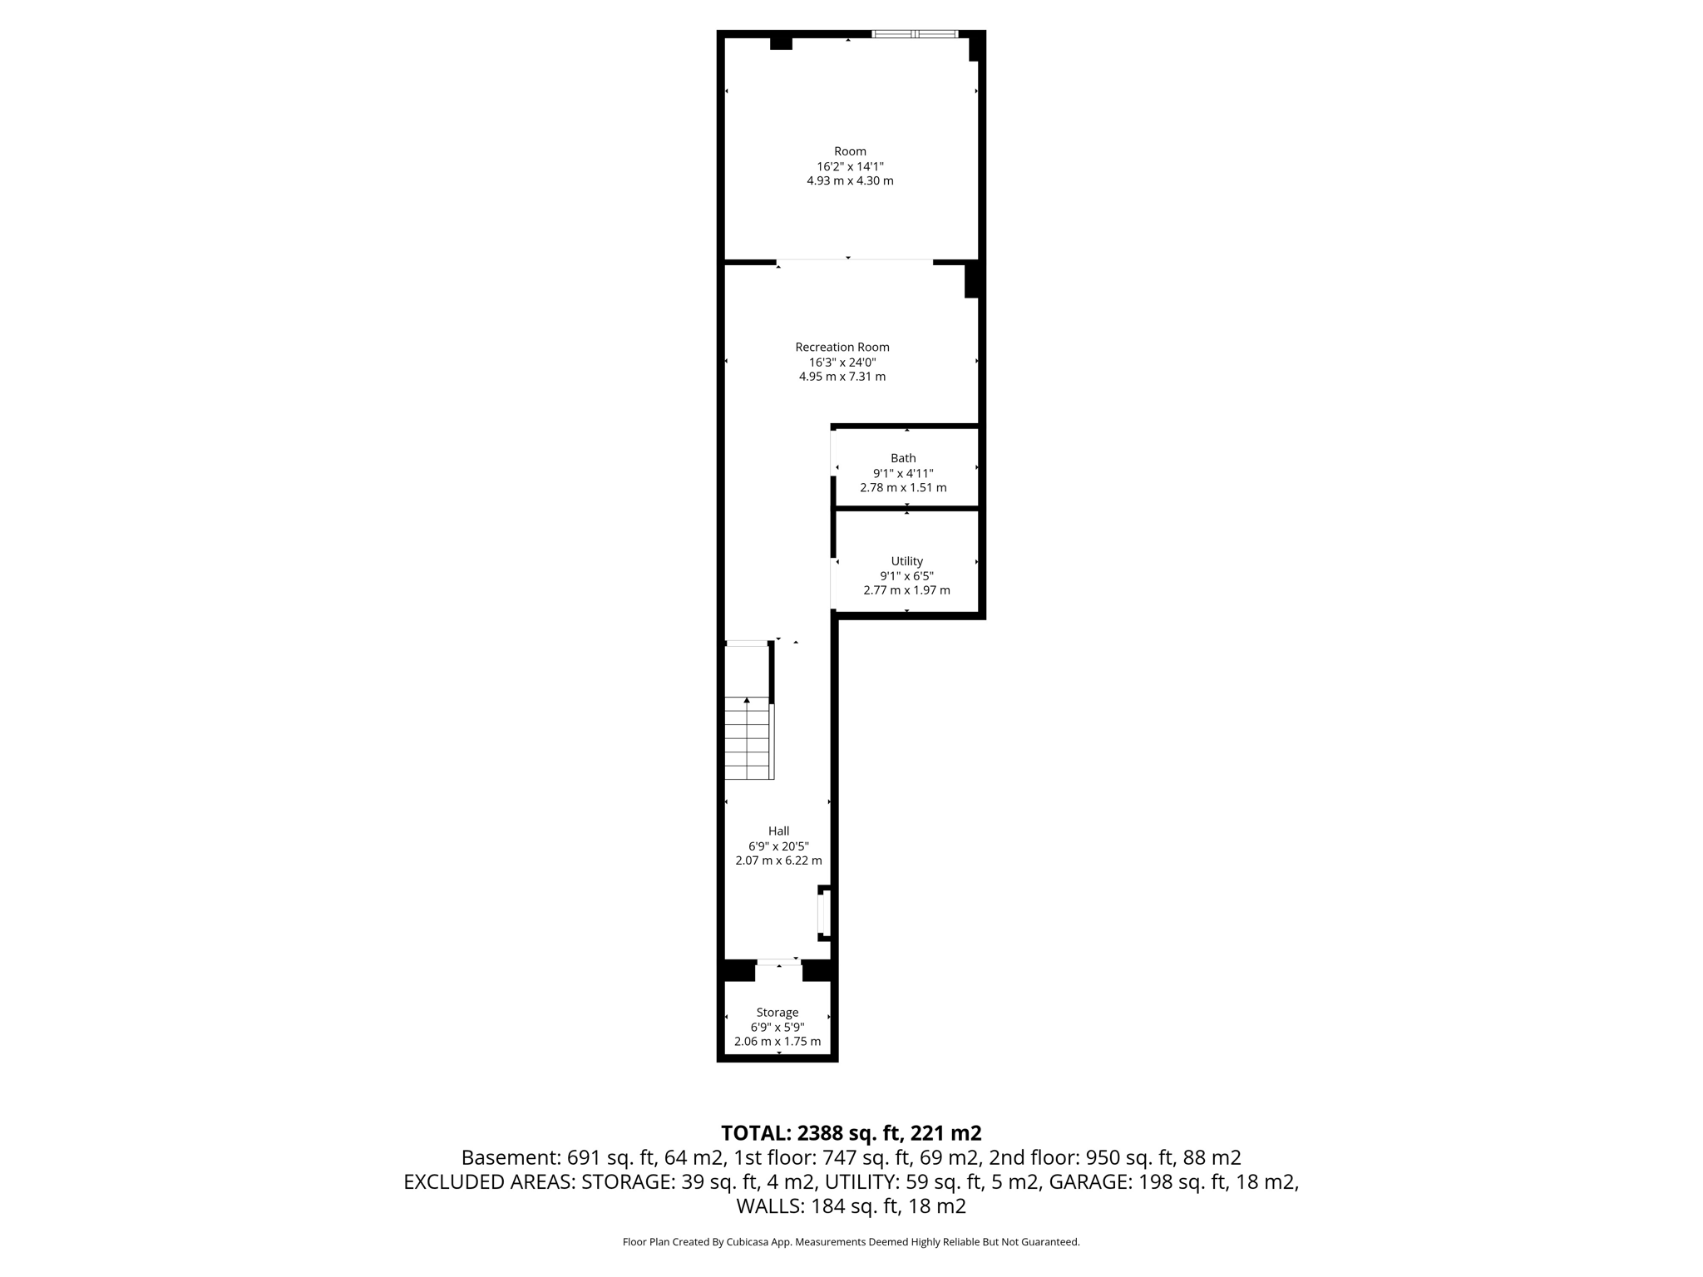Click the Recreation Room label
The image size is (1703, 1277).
(842, 347)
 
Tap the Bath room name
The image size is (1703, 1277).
(903, 458)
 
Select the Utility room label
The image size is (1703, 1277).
(906, 561)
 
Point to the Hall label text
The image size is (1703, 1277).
(778, 831)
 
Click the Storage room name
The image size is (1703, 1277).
(777, 1013)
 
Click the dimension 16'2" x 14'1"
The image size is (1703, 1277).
(850, 166)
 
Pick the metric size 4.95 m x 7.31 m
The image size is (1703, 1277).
(842, 377)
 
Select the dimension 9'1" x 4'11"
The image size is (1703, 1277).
(903, 473)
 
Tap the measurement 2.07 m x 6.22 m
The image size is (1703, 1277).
(778, 860)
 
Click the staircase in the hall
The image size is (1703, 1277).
(748, 737)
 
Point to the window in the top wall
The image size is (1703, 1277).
(914, 34)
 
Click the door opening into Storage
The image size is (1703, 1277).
(778, 962)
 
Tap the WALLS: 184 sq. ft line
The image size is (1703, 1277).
(851, 1206)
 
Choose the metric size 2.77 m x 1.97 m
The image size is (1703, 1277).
(906, 590)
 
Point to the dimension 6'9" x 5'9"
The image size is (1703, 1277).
(777, 1028)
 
